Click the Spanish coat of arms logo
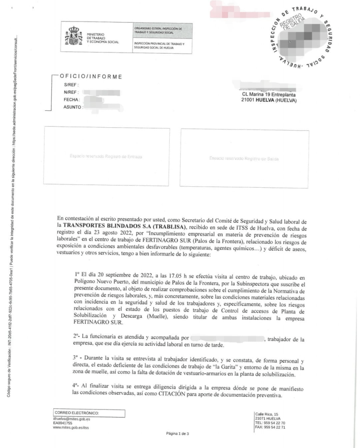tap(73, 35)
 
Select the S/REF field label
tap(70, 84)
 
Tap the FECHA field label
tap(71, 100)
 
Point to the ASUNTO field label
tap(72, 107)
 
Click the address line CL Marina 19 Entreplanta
tap(269, 94)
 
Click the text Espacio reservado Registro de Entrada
tap(106, 156)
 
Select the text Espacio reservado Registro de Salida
tap(244, 158)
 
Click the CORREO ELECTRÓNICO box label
tap(77, 413)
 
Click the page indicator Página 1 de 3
tap(178, 434)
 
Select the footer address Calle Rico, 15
tap(266, 414)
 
